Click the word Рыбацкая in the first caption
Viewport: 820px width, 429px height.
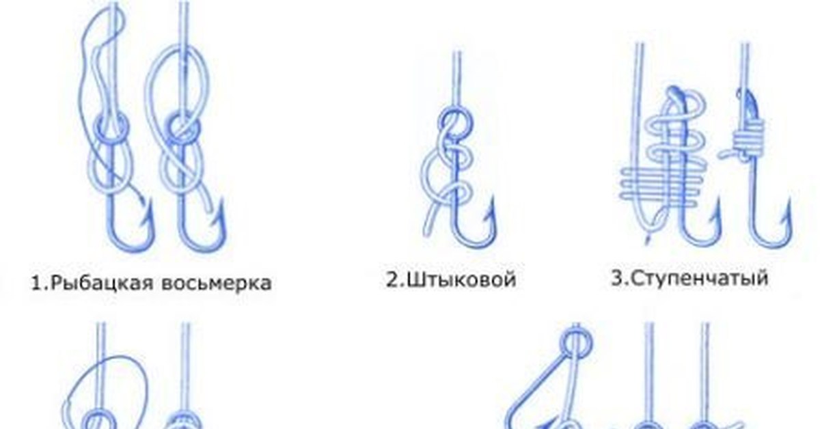pyautogui.click(x=101, y=283)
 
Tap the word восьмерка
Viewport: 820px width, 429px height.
pyautogui.click(x=217, y=283)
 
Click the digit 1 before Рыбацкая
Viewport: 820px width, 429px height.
pyautogui.click(x=37, y=283)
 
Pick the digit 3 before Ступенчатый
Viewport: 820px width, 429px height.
pyautogui.click(x=618, y=278)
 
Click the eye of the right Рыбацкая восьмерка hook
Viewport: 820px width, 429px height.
pyautogui.click(x=184, y=129)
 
